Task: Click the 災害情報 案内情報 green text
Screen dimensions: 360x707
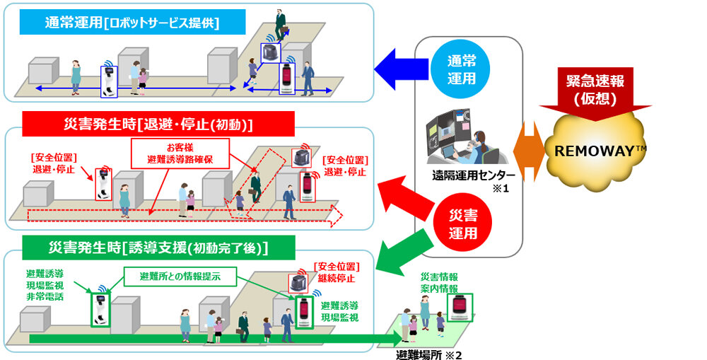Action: (x=438, y=282)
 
